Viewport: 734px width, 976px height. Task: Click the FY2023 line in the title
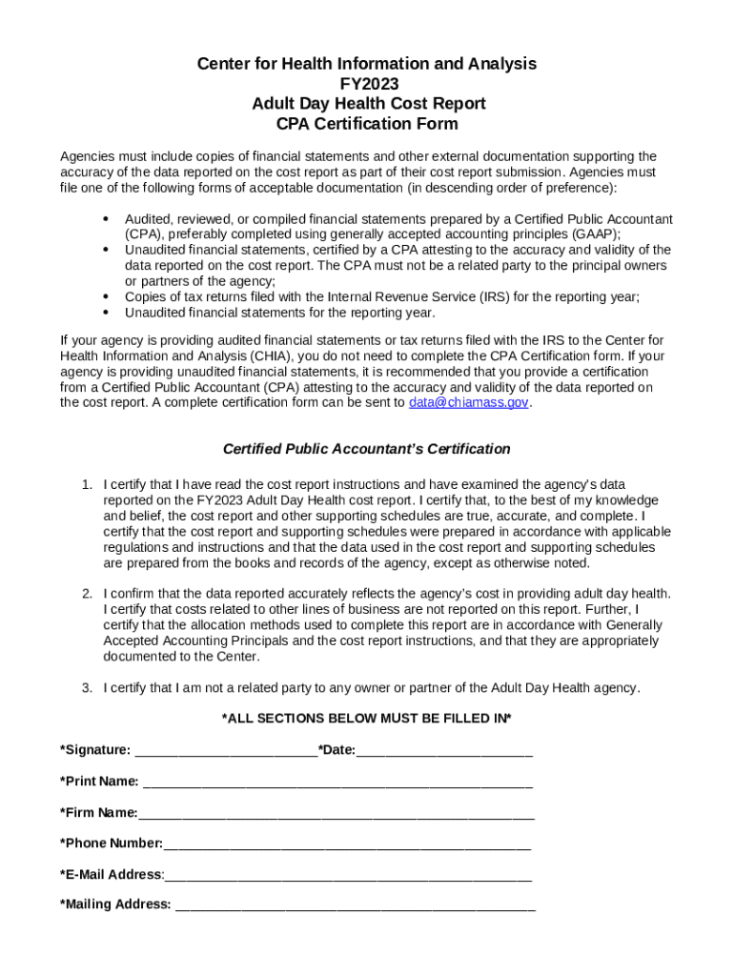[x=366, y=84]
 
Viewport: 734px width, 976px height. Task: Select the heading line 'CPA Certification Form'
[x=366, y=124]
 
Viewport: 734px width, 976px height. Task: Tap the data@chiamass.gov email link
[x=468, y=402]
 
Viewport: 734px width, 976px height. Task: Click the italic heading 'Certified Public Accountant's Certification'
[x=366, y=449]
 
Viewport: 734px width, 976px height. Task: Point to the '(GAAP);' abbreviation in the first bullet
[x=594, y=234]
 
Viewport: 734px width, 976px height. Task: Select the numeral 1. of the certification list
[x=86, y=484]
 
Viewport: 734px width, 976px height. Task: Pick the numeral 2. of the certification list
[x=86, y=593]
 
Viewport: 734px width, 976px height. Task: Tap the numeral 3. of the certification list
[x=86, y=687]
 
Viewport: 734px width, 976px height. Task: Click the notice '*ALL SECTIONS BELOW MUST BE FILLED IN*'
[x=366, y=718]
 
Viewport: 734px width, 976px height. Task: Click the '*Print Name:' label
[x=99, y=782]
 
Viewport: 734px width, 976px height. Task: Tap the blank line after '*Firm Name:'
[x=336, y=813]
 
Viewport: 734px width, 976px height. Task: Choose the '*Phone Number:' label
[x=111, y=844]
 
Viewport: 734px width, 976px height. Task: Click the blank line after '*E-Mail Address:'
[x=347, y=874]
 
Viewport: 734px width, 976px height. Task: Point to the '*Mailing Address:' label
[x=115, y=905]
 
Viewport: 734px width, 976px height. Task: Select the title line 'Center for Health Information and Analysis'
[x=366, y=64]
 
